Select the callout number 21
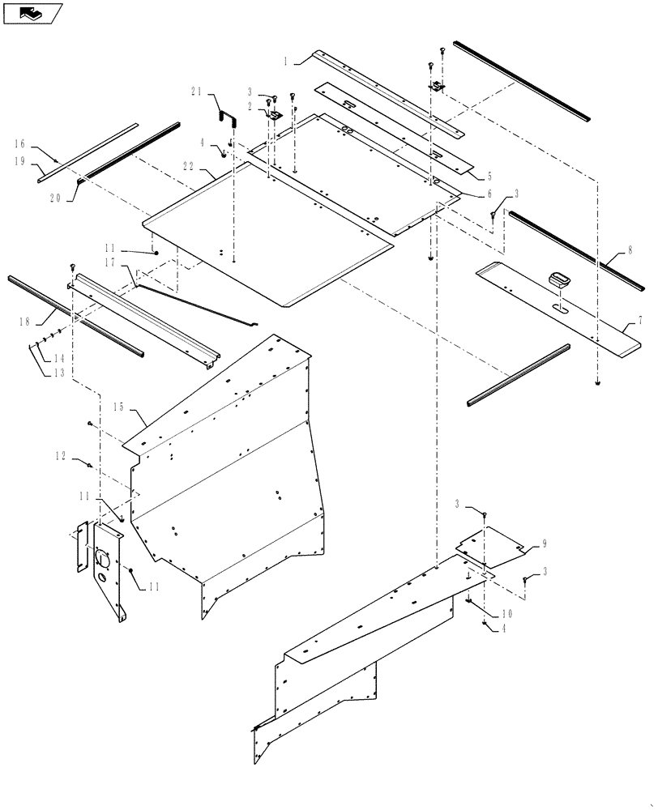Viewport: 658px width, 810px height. tap(196, 93)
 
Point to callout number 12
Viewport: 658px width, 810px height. tap(60, 457)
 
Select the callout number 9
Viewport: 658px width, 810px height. tap(545, 544)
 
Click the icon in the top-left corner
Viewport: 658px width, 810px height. tap(33, 13)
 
